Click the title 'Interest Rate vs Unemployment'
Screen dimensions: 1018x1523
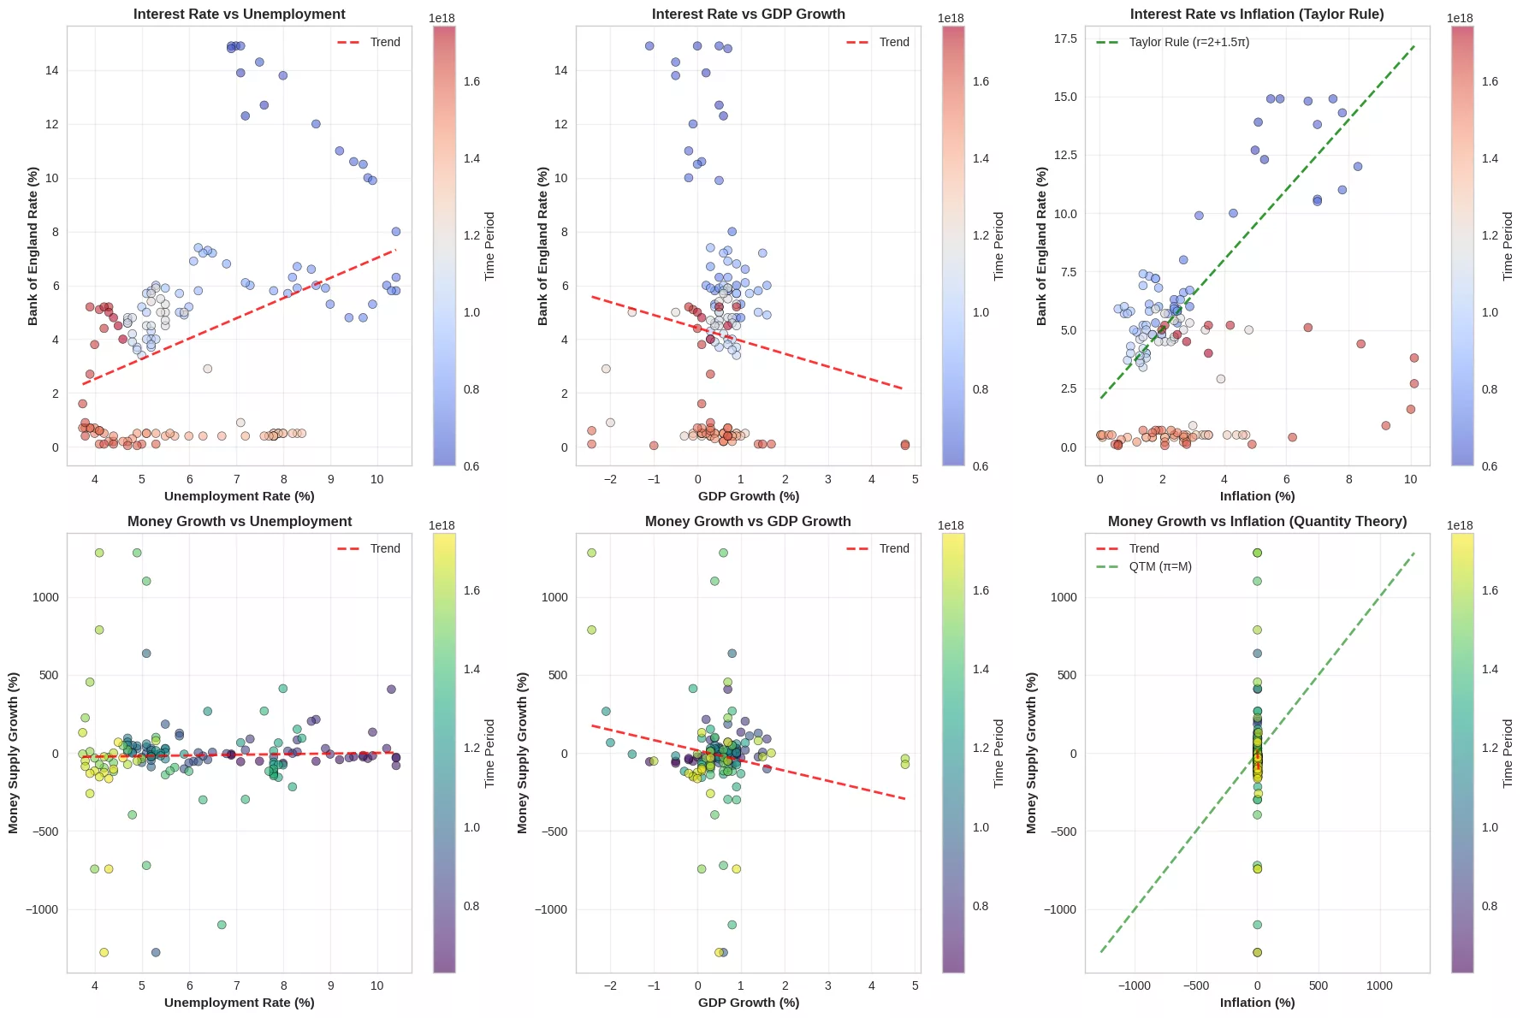coord(240,15)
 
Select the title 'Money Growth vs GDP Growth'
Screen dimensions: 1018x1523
coord(748,521)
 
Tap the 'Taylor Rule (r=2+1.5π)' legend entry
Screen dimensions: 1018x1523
coord(1188,42)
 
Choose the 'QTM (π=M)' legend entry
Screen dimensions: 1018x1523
coord(1160,566)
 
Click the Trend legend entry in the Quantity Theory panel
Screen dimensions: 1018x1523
coord(1143,548)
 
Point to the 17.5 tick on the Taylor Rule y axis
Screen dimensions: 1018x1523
coord(1065,38)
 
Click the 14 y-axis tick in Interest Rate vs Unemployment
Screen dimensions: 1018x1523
coord(52,70)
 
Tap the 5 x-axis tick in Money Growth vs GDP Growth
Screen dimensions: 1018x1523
coord(915,985)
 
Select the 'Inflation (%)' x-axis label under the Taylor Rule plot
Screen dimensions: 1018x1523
coord(1257,496)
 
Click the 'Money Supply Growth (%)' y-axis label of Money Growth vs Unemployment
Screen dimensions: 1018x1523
coord(14,753)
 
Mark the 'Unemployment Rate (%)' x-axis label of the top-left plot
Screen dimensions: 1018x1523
coord(240,496)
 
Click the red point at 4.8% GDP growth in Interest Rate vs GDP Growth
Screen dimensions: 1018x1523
coord(905,445)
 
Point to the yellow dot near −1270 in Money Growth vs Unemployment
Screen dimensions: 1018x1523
coord(104,952)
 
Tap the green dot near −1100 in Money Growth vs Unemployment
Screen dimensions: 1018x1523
coord(222,925)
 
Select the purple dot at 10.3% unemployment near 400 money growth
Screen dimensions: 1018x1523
coord(391,690)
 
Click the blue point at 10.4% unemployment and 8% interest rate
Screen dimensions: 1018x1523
coord(396,232)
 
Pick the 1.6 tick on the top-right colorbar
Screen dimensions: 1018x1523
coord(1490,81)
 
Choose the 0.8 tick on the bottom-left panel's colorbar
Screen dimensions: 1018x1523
coord(471,906)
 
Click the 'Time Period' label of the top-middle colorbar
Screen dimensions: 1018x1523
coord(999,246)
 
